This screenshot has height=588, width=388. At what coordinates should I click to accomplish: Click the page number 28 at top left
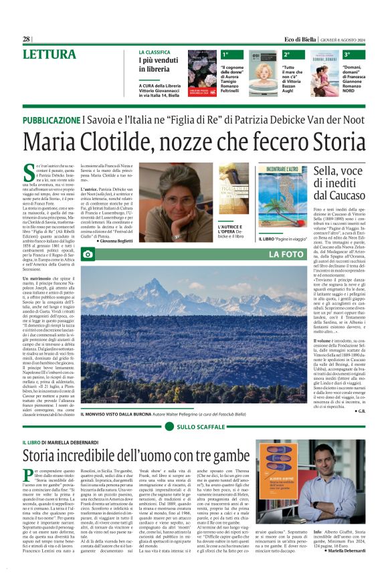pyautogui.click(x=27, y=39)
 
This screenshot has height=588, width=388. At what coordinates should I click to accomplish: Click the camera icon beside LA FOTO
pyautogui.click(x=87, y=254)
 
